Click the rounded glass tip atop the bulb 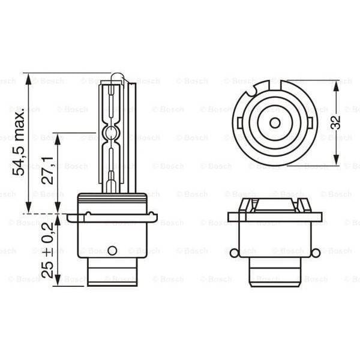click(x=117, y=77)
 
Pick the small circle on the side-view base click(x=112, y=250)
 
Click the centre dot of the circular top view click(x=275, y=122)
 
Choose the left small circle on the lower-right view click(x=234, y=253)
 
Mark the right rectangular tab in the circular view click(x=310, y=123)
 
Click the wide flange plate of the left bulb click(x=112, y=218)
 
